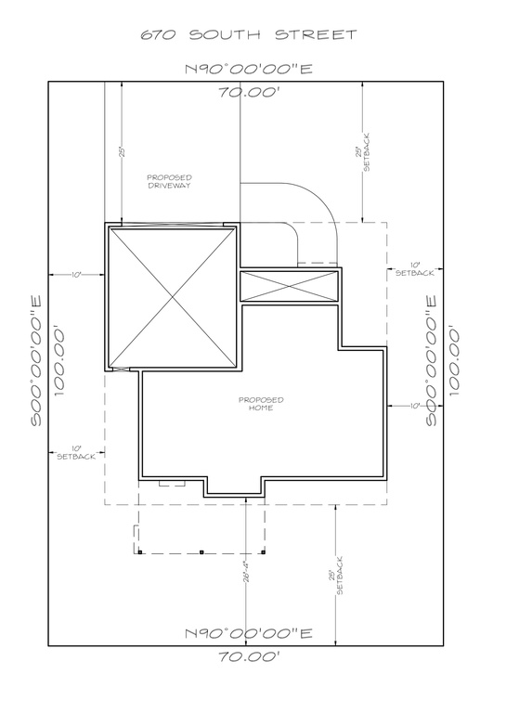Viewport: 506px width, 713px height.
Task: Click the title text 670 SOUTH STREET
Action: coord(248,34)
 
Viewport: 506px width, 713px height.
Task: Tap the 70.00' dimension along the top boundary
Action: coord(248,92)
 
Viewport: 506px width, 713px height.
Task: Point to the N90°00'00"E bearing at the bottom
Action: coord(248,633)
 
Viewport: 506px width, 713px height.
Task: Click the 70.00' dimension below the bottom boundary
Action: coord(248,655)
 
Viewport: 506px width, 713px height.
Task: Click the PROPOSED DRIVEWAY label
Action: coord(169,181)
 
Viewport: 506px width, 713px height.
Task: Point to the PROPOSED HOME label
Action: coord(260,404)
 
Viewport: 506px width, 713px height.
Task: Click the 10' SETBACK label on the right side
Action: coord(413,269)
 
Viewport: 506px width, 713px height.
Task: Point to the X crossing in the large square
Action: coord(170,297)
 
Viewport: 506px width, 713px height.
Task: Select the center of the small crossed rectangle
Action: coord(289,286)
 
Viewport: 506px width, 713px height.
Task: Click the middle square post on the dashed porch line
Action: coord(201,553)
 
